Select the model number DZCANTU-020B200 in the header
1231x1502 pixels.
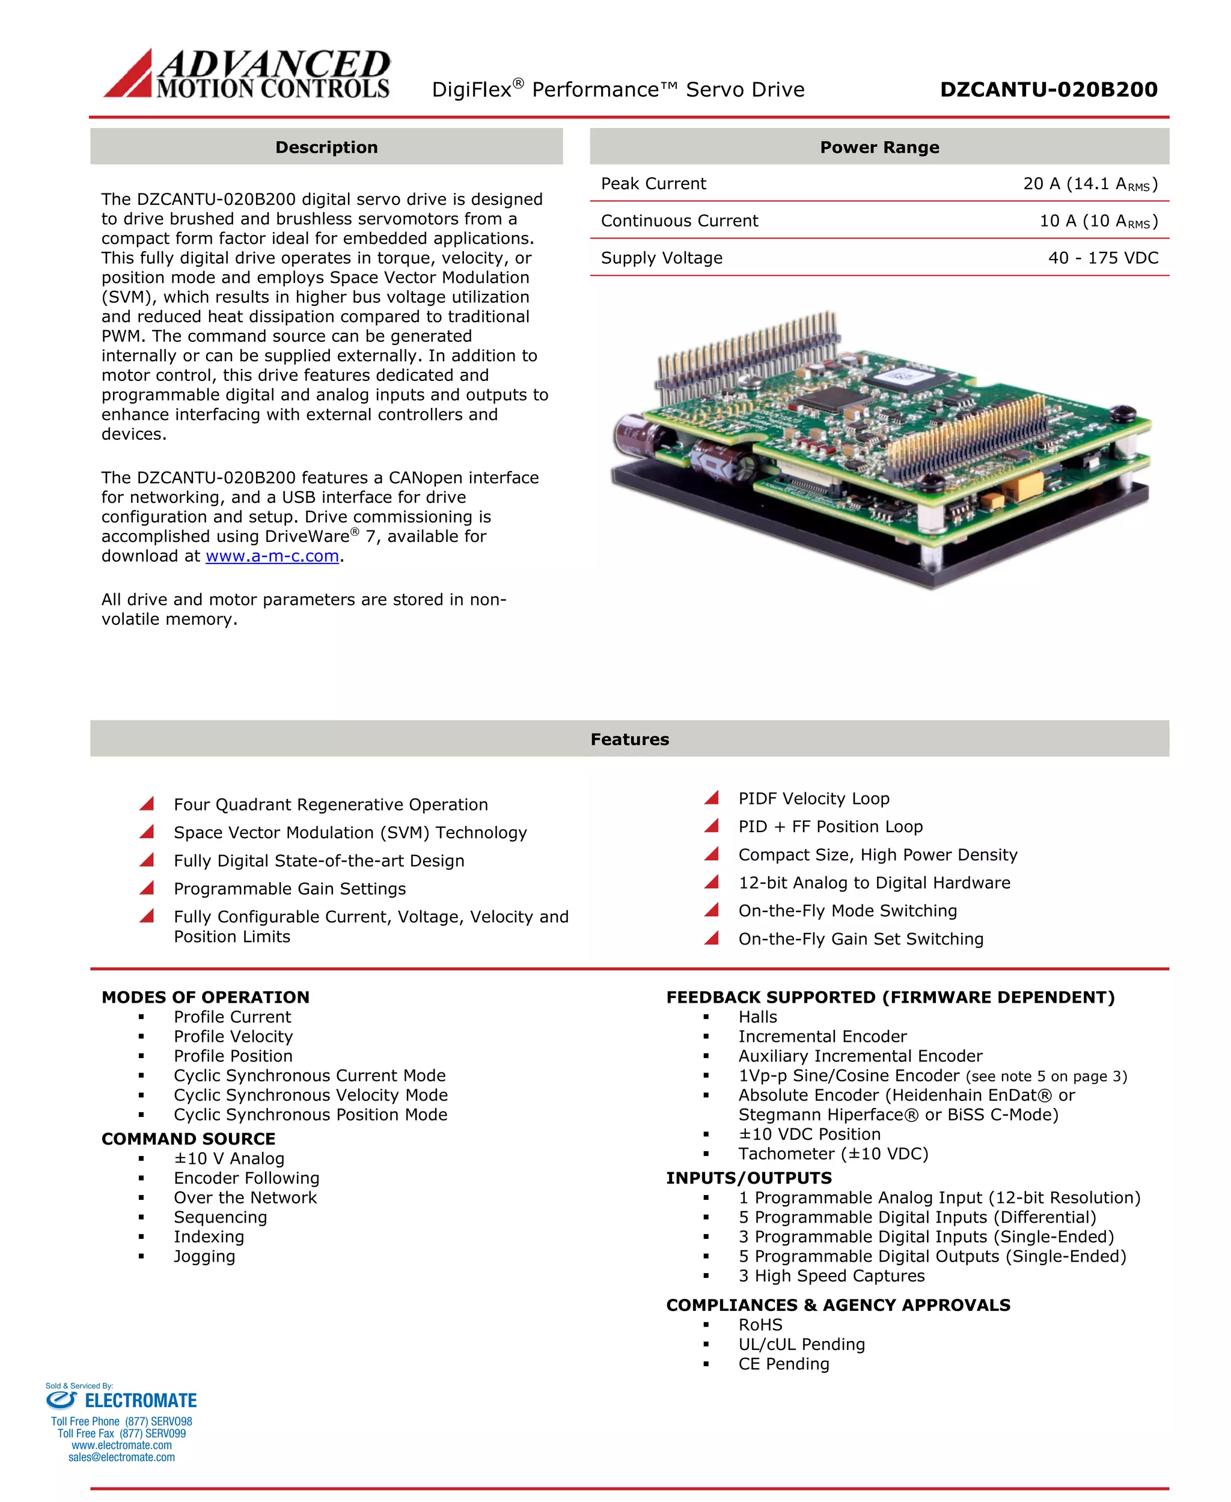tap(1048, 90)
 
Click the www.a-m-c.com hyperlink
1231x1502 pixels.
tap(272, 556)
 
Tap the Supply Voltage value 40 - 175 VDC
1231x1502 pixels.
tap(1102, 258)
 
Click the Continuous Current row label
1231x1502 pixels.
tap(679, 221)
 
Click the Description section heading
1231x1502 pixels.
tap(326, 147)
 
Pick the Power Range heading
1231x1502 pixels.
tap(879, 147)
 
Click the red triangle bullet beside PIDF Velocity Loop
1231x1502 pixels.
tap(712, 798)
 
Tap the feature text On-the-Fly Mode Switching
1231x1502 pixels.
tap(848, 911)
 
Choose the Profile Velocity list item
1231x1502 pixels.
tap(233, 1037)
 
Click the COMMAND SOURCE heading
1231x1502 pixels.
tap(188, 1139)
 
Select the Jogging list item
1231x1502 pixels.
tap(204, 1257)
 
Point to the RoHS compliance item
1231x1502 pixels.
tap(760, 1325)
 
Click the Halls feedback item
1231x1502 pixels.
tap(757, 1017)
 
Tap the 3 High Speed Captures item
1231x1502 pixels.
tap(831, 1276)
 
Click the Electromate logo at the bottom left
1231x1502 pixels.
tap(121, 1400)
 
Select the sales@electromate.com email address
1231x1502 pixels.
tap(121, 1458)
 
